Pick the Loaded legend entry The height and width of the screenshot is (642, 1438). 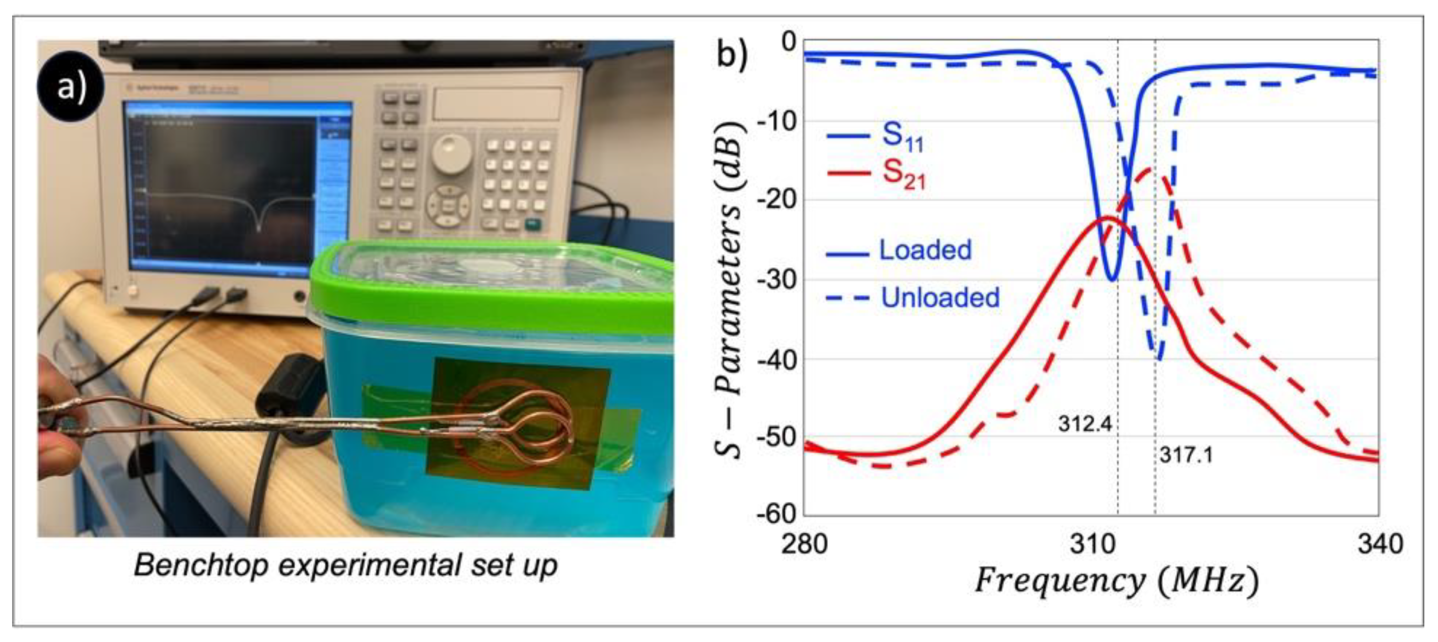925,251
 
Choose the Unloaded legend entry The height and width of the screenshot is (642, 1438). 940,297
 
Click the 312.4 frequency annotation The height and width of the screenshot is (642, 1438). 1085,424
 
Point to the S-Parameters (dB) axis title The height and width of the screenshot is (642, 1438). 731,290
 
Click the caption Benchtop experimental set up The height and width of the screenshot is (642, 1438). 345,565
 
